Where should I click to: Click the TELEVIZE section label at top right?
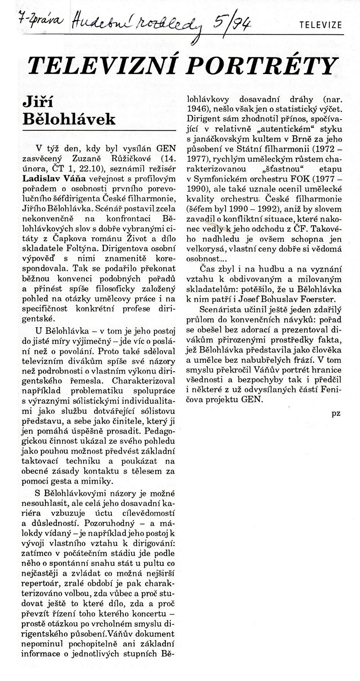pos(321,25)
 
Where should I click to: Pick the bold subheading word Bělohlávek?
pos(69,120)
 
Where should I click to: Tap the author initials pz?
pos(336,412)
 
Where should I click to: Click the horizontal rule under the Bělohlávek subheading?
pos(98,131)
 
